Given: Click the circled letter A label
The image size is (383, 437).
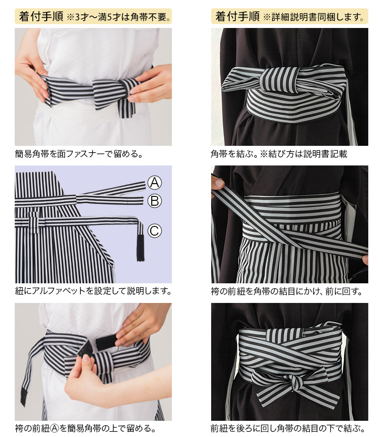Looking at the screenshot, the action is (x=154, y=183).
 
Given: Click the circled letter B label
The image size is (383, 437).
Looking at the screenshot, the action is (x=154, y=201).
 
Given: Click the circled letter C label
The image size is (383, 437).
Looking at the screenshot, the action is (x=154, y=231).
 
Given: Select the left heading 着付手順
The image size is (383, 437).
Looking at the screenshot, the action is (x=41, y=16).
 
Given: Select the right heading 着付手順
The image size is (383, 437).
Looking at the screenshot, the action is (x=238, y=16).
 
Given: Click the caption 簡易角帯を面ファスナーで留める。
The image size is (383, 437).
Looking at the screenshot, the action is (x=79, y=154).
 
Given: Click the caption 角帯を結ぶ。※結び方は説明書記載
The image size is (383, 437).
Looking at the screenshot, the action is (x=279, y=154).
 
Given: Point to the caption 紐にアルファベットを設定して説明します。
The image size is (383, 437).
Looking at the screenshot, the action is (x=93, y=291).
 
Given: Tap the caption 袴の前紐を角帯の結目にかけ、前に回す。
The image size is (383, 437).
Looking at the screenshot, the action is (x=287, y=291).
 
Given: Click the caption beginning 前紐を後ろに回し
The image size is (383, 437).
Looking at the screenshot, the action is (x=288, y=428).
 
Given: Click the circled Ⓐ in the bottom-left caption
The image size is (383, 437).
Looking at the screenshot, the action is (x=55, y=428).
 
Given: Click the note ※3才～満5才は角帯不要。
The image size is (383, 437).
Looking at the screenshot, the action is (x=119, y=17).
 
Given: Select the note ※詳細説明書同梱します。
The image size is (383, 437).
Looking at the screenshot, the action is (x=314, y=17).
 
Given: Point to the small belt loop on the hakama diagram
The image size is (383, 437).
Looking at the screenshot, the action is (x=34, y=221).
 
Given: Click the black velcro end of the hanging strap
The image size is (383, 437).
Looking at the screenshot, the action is (x=24, y=396).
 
